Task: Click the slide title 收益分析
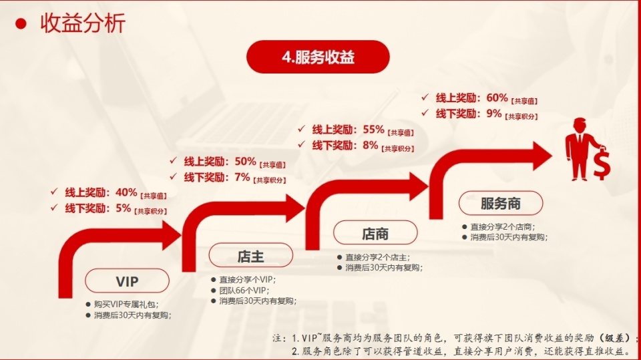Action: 83,23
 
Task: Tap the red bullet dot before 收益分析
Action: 21,24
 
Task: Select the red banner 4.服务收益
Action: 318,57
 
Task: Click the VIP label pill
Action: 127,281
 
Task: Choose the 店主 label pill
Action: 250,256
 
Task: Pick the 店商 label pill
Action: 375,233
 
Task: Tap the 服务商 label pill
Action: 501,203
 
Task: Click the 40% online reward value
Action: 126,192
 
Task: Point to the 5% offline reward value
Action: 123,208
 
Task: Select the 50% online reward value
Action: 245,161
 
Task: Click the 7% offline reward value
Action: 242,177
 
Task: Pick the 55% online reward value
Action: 374,130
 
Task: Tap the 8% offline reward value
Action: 371,145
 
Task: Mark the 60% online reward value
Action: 497,98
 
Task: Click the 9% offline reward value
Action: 494,114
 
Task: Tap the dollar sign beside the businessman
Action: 602,165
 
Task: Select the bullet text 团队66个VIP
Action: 244,291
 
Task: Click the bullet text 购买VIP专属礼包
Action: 126,305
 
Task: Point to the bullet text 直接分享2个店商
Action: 502,226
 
